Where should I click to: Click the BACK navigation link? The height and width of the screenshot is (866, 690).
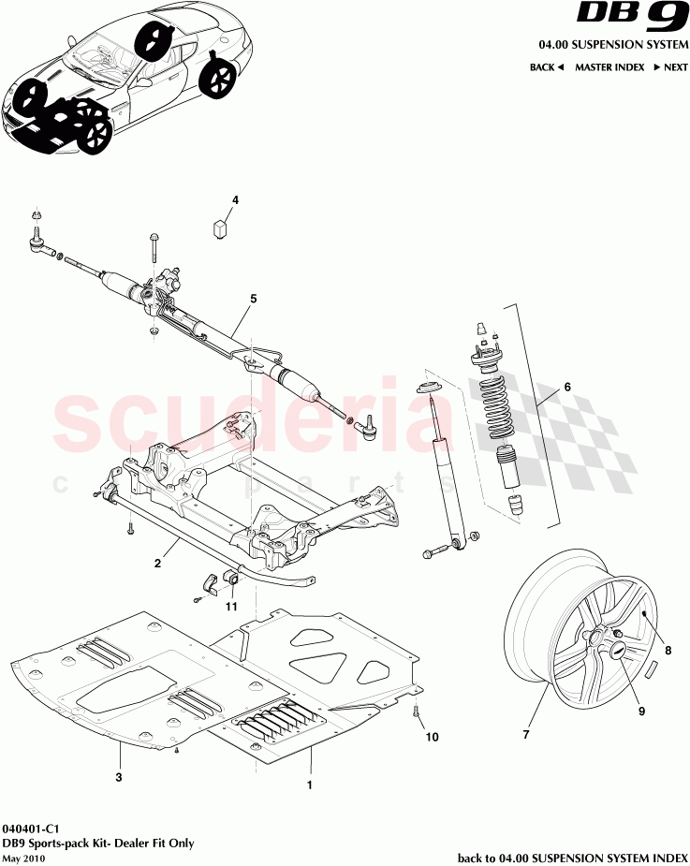[546, 67]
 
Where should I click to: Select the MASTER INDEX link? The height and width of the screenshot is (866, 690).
[609, 67]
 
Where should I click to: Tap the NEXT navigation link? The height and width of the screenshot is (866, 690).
[670, 67]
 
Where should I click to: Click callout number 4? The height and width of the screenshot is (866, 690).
[235, 199]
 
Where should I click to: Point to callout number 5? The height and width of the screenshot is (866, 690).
[253, 300]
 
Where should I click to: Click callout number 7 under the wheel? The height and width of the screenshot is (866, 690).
[525, 734]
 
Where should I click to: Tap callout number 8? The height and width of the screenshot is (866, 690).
[667, 648]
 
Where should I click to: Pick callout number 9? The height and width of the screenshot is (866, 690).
[641, 711]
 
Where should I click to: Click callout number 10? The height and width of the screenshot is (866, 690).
[432, 737]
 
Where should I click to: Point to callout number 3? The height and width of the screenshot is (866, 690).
[119, 776]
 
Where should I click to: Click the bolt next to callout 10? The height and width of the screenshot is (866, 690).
[416, 716]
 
